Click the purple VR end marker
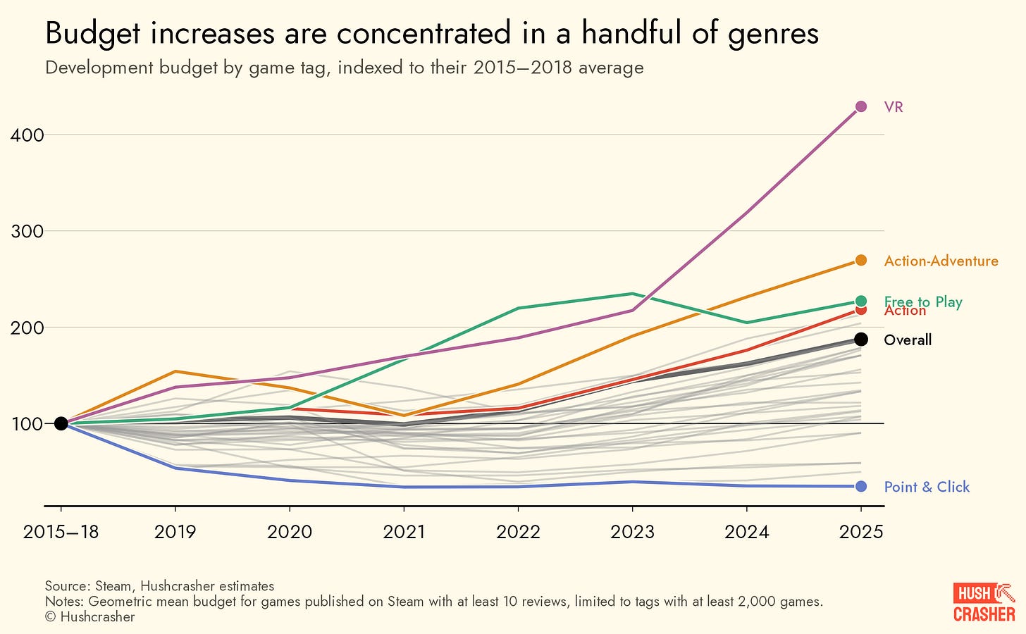click(860, 106)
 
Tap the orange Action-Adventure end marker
click(860, 261)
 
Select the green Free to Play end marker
click(860, 302)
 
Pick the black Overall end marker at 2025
click(860, 340)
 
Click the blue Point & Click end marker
click(860, 486)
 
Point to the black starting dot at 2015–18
click(61, 423)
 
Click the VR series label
click(894, 107)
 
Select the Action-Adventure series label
click(941, 261)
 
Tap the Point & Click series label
click(927, 487)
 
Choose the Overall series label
click(908, 340)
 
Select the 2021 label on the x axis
click(404, 531)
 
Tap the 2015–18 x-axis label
click(61, 531)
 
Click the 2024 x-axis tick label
click(747, 531)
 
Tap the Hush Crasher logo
click(984, 602)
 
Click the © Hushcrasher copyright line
click(89, 617)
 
